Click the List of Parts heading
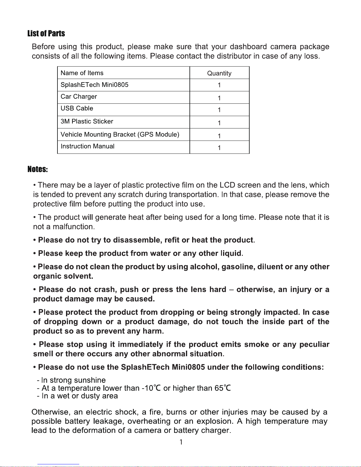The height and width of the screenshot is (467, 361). [46, 34]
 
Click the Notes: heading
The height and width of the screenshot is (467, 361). [38, 169]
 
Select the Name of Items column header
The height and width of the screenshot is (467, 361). [82, 73]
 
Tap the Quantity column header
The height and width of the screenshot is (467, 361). [219, 73]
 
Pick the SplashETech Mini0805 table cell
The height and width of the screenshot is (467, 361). [95, 85]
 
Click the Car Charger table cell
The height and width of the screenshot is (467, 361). [79, 97]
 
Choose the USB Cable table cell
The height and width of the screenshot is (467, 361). [77, 108]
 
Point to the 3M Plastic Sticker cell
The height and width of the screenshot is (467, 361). [87, 121]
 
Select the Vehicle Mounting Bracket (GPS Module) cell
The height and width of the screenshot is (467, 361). [120, 135]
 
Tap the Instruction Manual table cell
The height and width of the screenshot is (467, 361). [88, 146]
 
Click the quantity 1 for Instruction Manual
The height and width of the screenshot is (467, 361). [219, 148]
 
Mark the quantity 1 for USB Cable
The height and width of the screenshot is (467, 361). [219, 110]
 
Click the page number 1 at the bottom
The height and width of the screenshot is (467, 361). [181, 442]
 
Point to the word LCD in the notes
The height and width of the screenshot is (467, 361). [227, 185]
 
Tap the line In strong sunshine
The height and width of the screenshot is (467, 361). [73, 380]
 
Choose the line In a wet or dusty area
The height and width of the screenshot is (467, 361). [80, 396]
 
